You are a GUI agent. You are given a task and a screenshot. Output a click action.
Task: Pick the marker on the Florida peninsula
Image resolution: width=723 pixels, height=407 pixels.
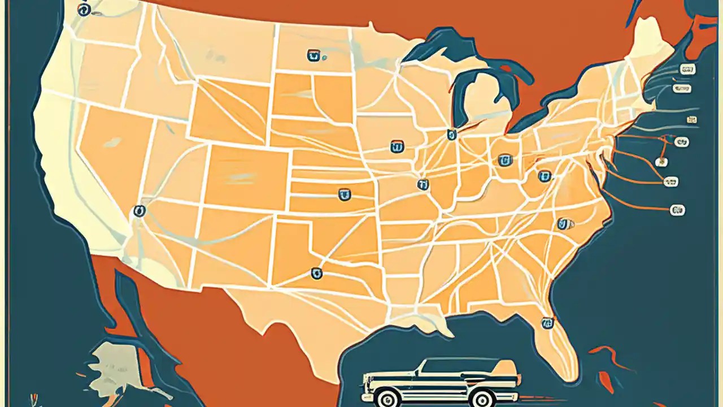pyautogui.click(x=547, y=323)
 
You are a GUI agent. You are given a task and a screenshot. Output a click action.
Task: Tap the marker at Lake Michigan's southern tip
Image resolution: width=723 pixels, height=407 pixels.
pyautogui.click(x=451, y=135)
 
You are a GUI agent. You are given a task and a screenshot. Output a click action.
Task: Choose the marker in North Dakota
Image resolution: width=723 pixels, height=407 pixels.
pyautogui.click(x=313, y=55)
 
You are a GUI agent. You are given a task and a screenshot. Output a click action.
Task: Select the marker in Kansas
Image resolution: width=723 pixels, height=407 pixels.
pyautogui.click(x=343, y=195)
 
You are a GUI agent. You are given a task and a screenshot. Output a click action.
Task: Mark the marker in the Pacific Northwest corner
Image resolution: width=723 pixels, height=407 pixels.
pyautogui.click(x=84, y=9)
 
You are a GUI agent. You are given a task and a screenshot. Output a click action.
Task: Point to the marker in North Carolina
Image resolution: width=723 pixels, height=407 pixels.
pyautogui.click(x=563, y=224)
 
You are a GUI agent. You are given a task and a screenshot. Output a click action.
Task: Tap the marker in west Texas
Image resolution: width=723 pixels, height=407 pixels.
pyautogui.click(x=316, y=274)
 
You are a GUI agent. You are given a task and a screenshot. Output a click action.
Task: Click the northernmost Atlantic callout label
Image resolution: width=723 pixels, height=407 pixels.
pyautogui.click(x=687, y=69)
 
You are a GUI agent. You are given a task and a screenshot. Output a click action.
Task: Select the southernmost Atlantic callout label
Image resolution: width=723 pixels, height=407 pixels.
pyautogui.click(x=677, y=210)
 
